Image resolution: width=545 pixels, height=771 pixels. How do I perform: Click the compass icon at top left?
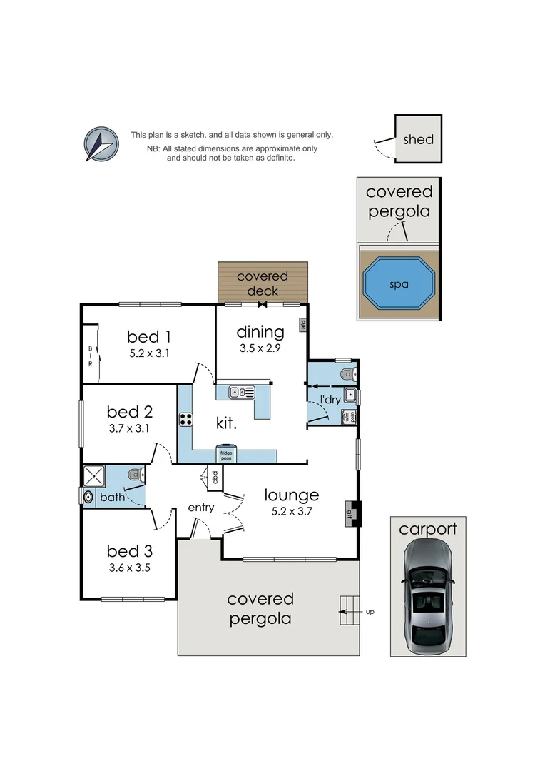click(101, 144)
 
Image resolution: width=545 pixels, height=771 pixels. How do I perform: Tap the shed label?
click(418, 140)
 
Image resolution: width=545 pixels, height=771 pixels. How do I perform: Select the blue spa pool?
click(399, 283)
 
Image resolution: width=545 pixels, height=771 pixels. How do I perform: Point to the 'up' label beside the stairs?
click(370, 612)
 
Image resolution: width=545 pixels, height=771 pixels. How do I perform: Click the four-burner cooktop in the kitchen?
click(186, 420)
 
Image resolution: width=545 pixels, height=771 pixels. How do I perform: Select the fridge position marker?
click(226, 454)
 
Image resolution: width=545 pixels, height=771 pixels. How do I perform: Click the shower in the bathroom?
click(94, 476)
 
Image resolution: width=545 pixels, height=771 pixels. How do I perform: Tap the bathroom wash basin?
click(88, 497)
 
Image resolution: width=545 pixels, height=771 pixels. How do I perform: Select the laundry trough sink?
click(350, 395)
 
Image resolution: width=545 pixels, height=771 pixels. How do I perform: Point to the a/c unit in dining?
click(302, 325)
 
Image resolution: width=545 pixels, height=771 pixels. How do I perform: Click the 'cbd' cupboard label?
click(215, 476)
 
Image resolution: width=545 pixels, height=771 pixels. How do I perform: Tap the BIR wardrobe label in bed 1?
click(91, 356)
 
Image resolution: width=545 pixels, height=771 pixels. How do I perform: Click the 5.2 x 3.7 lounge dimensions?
click(292, 511)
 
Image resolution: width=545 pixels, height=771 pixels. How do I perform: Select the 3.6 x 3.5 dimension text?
click(130, 568)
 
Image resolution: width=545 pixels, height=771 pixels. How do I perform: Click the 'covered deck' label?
click(263, 283)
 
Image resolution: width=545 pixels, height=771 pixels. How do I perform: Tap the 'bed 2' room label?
click(130, 412)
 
